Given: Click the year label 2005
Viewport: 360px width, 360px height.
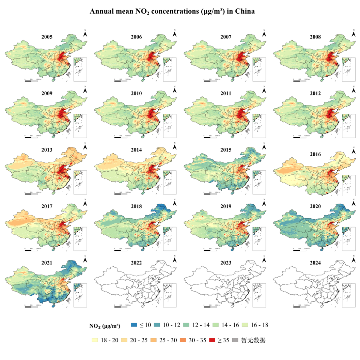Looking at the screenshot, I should point(47,37).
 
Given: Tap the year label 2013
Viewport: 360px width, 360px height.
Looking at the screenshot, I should point(47,150).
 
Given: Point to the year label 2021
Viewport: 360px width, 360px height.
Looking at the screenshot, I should point(47,263).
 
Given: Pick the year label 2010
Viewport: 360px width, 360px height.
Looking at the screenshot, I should point(136,93).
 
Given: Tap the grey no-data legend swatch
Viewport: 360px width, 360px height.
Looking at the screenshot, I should point(235,340).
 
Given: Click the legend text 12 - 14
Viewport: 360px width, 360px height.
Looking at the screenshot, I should point(201,325).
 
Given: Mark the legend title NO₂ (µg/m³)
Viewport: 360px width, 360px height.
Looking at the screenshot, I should point(105,326).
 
